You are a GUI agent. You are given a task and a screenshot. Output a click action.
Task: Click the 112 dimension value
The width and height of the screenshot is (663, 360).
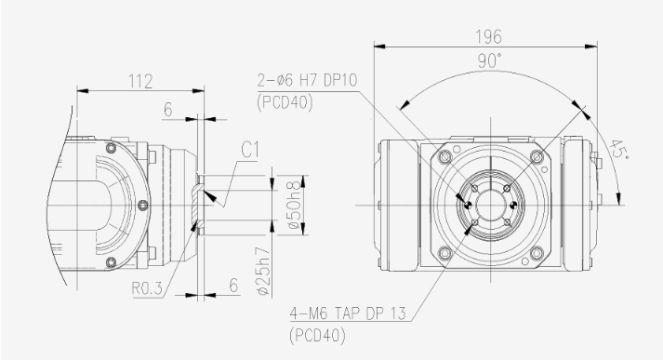tap(140, 81)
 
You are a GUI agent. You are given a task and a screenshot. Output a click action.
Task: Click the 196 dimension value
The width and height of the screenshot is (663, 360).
tap(489, 37)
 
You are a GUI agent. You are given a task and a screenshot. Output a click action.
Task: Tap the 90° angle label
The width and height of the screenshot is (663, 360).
tap(490, 60)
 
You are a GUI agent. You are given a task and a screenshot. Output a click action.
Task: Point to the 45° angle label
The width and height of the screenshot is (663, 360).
tap(619, 150)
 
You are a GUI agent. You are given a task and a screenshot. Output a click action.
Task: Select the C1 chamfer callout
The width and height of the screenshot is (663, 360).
tap(250, 150)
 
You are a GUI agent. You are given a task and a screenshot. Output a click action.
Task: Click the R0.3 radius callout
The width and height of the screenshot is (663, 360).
tap(147, 288)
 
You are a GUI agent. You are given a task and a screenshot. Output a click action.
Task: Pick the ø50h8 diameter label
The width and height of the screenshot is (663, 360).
tap(295, 206)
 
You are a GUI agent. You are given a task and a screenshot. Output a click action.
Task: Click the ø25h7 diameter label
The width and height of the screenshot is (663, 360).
tap(263, 271)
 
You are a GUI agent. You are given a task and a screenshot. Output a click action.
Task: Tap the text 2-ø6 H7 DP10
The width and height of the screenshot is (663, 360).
tap(308, 80)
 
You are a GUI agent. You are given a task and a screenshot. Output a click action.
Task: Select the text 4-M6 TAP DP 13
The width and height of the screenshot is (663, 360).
tap(348, 313)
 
